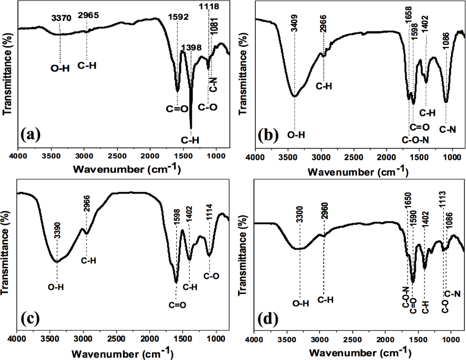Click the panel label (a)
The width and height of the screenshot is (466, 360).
[31, 135]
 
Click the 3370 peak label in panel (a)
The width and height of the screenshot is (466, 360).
[61, 19]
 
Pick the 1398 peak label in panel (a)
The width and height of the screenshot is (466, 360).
[190, 48]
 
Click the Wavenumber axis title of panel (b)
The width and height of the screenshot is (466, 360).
[357, 172]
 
